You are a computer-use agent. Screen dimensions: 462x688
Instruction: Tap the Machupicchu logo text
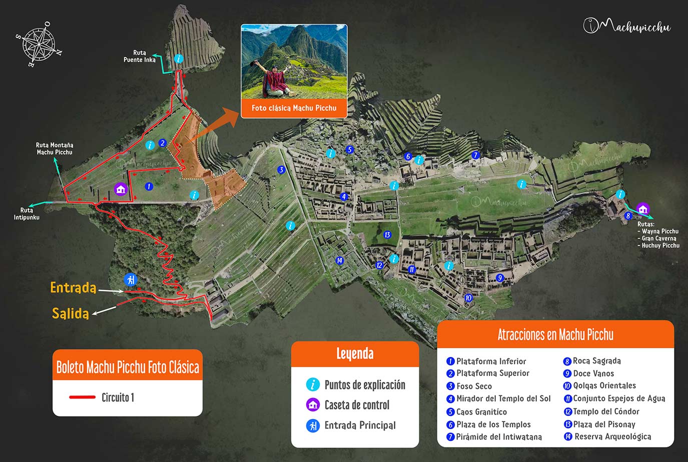[628, 26]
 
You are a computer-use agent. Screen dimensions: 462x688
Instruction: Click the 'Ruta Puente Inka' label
[140, 56]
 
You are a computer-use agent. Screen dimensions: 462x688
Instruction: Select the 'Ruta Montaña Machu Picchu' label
[55, 148]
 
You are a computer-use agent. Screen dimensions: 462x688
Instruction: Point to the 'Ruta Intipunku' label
[27, 214]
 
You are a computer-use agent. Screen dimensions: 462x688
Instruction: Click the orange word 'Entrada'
[73, 287]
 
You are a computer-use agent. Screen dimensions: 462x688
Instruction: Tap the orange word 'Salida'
[71, 313]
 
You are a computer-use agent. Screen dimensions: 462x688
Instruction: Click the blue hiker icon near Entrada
[131, 279]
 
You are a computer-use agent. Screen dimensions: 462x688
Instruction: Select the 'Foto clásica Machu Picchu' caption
[294, 108]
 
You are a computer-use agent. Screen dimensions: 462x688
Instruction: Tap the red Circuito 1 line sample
[82, 397]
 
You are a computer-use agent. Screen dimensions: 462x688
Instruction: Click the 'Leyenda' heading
[355, 354]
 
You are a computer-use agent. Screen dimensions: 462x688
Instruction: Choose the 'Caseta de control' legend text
[357, 405]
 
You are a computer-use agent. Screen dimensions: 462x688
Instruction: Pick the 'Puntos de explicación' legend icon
[313, 384]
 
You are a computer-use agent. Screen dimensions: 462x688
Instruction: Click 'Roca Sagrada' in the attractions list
[596, 361]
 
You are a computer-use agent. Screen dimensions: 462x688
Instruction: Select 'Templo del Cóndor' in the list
[606, 411]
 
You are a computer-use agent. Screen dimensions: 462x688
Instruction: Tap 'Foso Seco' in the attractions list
[474, 386]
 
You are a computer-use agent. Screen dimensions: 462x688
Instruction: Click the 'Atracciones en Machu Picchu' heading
[555, 334]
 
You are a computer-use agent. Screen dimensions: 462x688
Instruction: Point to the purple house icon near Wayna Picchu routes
[643, 208]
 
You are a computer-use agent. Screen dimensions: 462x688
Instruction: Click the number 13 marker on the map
[387, 235]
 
